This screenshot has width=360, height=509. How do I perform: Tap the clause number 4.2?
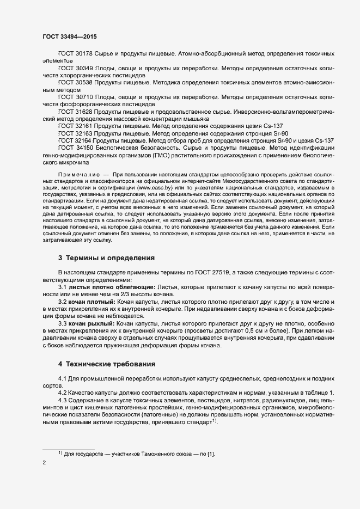[x=62, y=393]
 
